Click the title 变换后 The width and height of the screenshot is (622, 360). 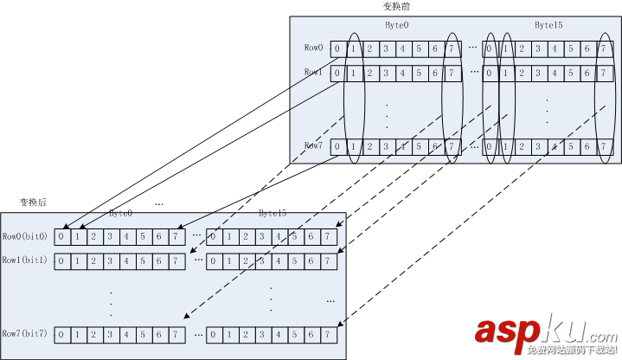(33, 202)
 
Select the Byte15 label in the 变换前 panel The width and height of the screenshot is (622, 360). (548, 26)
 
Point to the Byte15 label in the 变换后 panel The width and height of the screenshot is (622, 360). (273, 213)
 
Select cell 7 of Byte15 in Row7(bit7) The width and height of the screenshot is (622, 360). (328, 333)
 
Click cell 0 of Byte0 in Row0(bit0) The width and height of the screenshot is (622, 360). (61, 236)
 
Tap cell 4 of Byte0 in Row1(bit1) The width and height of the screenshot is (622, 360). (126, 260)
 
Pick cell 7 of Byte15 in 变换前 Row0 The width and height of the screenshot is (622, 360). (602, 48)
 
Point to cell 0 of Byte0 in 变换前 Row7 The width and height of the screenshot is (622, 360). (337, 146)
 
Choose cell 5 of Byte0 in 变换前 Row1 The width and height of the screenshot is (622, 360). (419, 73)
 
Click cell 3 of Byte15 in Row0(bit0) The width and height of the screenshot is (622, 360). (262, 236)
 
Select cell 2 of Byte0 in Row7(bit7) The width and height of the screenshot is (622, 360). (93, 333)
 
